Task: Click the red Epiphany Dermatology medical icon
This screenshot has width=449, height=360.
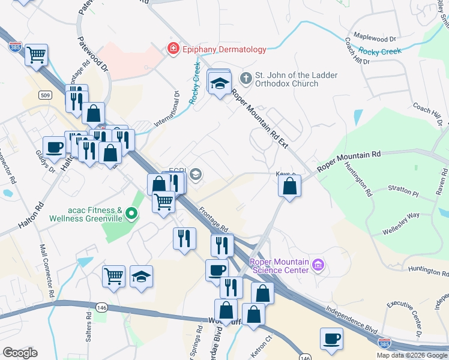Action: click(173, 49)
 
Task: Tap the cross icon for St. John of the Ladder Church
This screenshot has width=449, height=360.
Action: click(246, 79)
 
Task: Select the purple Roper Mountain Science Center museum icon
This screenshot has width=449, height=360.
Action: click(318, 265)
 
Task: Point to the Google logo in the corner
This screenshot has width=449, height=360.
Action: click(20, 353)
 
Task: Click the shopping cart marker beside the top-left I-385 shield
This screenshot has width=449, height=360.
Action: click(37, 55)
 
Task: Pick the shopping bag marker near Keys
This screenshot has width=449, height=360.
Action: click(289, 186)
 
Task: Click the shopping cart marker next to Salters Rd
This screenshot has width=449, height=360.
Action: click(113, 276)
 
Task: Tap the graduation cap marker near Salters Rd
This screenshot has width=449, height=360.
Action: click(141, 276)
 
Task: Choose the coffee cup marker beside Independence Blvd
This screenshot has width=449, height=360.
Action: click(331, 338)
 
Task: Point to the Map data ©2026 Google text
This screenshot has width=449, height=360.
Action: click(411, 355)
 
